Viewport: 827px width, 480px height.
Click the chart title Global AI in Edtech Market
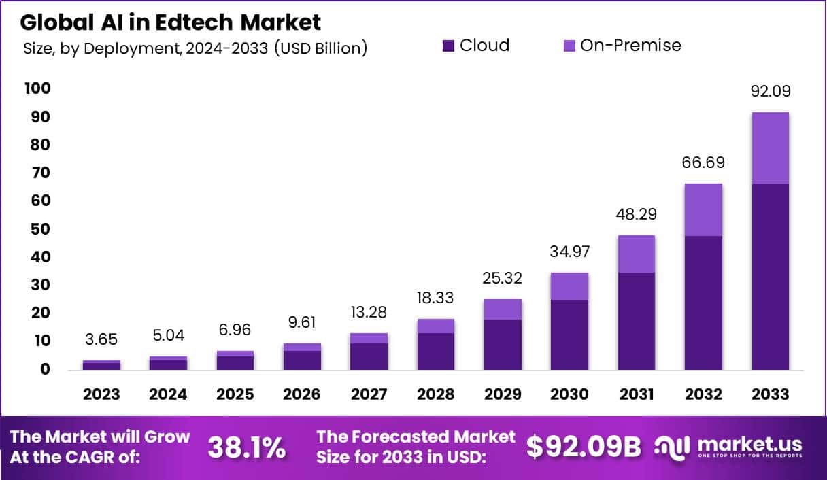coord(170,22)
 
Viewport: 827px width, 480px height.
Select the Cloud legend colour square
coord(448,46)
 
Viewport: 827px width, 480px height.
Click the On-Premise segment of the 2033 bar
coord(770,148)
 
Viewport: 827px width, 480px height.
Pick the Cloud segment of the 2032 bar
coord(703,303)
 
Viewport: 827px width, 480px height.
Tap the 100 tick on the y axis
coord(37,89)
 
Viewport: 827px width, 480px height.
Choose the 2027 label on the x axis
coord(369,394)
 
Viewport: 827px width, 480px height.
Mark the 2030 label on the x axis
coord(569,394)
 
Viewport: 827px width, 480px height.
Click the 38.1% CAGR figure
coord(246,447)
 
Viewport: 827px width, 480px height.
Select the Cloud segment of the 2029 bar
coord(503,344)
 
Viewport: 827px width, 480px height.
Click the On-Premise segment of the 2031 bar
coord(637,254)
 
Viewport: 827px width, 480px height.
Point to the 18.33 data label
coord(435,298)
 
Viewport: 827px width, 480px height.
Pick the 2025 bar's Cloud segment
coord(235,362)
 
